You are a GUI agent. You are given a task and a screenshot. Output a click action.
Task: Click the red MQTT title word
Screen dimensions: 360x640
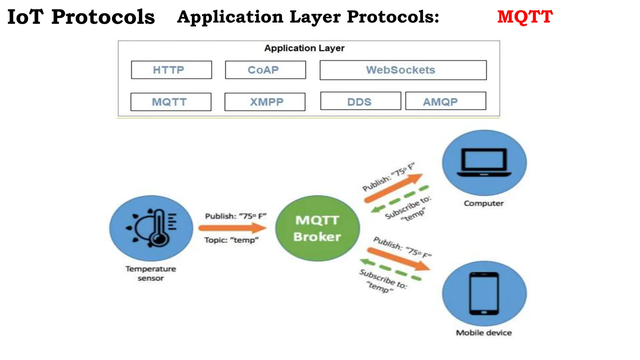(x=525, y=17)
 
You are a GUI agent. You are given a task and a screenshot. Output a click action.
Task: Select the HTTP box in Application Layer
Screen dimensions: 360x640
(x=171, y=70)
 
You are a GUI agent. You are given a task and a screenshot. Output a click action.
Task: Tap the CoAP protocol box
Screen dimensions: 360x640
(x=265, y=70)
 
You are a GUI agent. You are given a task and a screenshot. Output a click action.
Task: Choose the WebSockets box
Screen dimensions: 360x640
(x=403, y=70)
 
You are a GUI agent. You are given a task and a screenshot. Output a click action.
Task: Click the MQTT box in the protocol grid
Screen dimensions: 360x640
(x=171, y=102)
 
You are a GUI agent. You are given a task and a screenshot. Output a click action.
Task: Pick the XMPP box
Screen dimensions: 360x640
(x=265, y=102)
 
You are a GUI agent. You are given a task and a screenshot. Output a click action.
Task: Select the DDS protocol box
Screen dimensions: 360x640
(x=360, y=101)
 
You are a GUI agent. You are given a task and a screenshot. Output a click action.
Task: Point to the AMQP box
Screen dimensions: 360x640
(x=445, y=101)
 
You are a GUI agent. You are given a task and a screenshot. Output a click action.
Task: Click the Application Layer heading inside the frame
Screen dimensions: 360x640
(x=304, y=48)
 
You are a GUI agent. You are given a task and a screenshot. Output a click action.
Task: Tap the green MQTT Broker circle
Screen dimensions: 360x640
(x=317, y=228)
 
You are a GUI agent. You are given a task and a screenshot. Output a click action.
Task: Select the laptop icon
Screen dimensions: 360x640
(x=484, y=162)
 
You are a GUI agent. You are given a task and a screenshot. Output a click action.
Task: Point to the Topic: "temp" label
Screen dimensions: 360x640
(x=231, y=240)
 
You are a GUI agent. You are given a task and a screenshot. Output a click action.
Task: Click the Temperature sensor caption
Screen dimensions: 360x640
(x=151, y=273)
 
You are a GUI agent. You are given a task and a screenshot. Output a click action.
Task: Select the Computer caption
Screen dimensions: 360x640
(x=483, y=203)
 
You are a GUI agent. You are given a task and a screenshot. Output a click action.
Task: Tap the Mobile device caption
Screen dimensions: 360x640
(x=483, y=333)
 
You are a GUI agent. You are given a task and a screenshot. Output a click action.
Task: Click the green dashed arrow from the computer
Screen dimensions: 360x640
(x=400, y=199)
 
